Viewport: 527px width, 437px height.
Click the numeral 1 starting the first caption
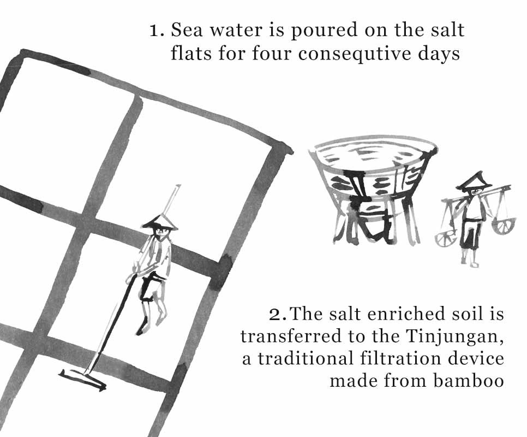pyautogui.click(x=155, y=30)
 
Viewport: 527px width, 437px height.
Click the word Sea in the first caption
pyautogui.click(x=187, y=29)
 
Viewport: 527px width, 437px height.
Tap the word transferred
pyautogui.click(x=288, y=336)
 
